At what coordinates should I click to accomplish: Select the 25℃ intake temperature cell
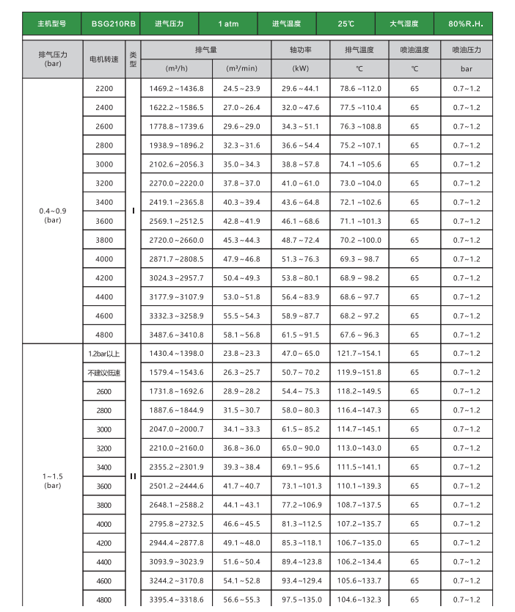346,24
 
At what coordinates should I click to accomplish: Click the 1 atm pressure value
228,24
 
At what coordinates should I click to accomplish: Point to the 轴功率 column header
301,50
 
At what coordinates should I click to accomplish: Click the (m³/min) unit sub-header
241,68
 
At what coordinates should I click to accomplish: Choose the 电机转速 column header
104,59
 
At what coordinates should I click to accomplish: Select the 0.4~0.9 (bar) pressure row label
53,215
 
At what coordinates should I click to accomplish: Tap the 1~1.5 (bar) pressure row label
53,481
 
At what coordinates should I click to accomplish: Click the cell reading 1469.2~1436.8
176,88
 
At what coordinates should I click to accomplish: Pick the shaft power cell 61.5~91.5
301,335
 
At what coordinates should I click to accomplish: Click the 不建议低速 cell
104,373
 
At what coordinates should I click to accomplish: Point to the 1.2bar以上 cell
104,354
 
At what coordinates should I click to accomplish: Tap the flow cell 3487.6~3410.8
176,335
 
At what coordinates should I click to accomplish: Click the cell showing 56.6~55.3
241,600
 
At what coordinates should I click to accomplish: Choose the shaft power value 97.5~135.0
301,600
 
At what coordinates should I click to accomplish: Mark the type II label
133,476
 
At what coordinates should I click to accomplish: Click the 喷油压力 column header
467,50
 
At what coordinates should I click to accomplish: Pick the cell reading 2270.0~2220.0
176,183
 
